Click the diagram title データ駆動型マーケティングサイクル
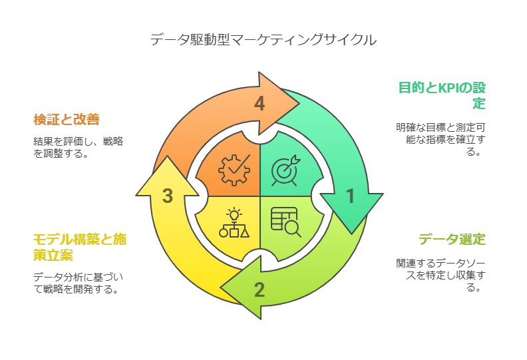click(263, 39)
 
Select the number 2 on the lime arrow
click(260, 289)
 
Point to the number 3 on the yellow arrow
click(168, 196)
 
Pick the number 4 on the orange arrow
click(260, 104)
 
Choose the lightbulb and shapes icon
click(234, 222)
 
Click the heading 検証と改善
click(67, 120)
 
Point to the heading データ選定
click(452, 240)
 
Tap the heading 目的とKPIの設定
click(442, 95)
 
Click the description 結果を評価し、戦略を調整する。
click(78, 147)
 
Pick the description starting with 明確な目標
click(442, 139)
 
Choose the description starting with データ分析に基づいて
click(79, 283)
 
